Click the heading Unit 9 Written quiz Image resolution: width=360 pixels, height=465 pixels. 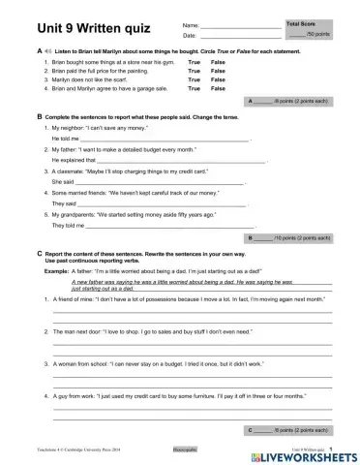tap(74, 26)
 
